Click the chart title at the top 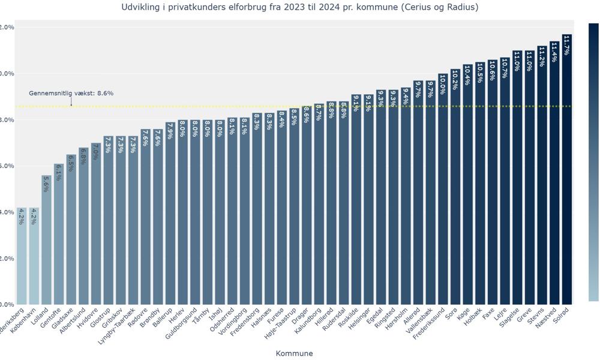300,7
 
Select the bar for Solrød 567,180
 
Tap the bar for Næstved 554,180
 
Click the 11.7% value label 567,45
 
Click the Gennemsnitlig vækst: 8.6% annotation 71,94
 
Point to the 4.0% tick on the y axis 7,212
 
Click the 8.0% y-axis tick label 7,120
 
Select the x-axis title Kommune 294,353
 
